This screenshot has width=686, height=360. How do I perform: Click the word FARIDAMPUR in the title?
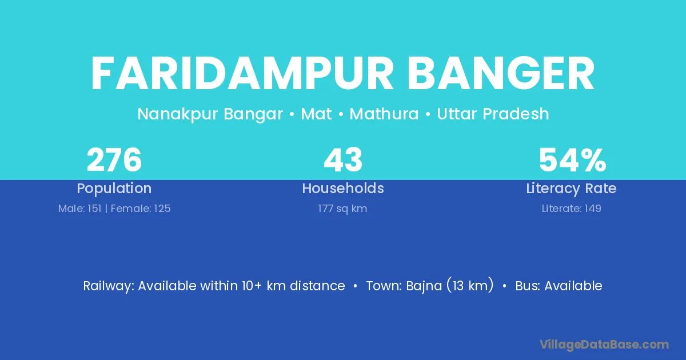242,74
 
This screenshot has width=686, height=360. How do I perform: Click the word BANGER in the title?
501,74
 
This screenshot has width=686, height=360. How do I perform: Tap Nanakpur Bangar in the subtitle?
210,114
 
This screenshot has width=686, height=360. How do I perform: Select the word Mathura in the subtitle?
384,114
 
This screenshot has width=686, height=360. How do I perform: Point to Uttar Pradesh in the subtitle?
493,114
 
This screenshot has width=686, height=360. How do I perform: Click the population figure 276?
114,160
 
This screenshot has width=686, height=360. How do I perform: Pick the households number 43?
343,160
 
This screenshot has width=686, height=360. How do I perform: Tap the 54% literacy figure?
572,160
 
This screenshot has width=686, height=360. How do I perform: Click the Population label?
114,189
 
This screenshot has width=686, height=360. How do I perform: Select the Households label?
343,188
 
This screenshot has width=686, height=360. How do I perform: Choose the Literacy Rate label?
571,189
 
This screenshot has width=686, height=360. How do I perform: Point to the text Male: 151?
79,209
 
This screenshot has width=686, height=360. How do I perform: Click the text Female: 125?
141,209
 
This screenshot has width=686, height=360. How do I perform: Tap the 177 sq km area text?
342,209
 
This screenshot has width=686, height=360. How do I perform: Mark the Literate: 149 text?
572,209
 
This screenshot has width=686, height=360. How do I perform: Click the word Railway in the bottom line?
109,286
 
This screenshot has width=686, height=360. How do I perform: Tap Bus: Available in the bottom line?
559,286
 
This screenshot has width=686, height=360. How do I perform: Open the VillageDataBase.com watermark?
604,345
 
